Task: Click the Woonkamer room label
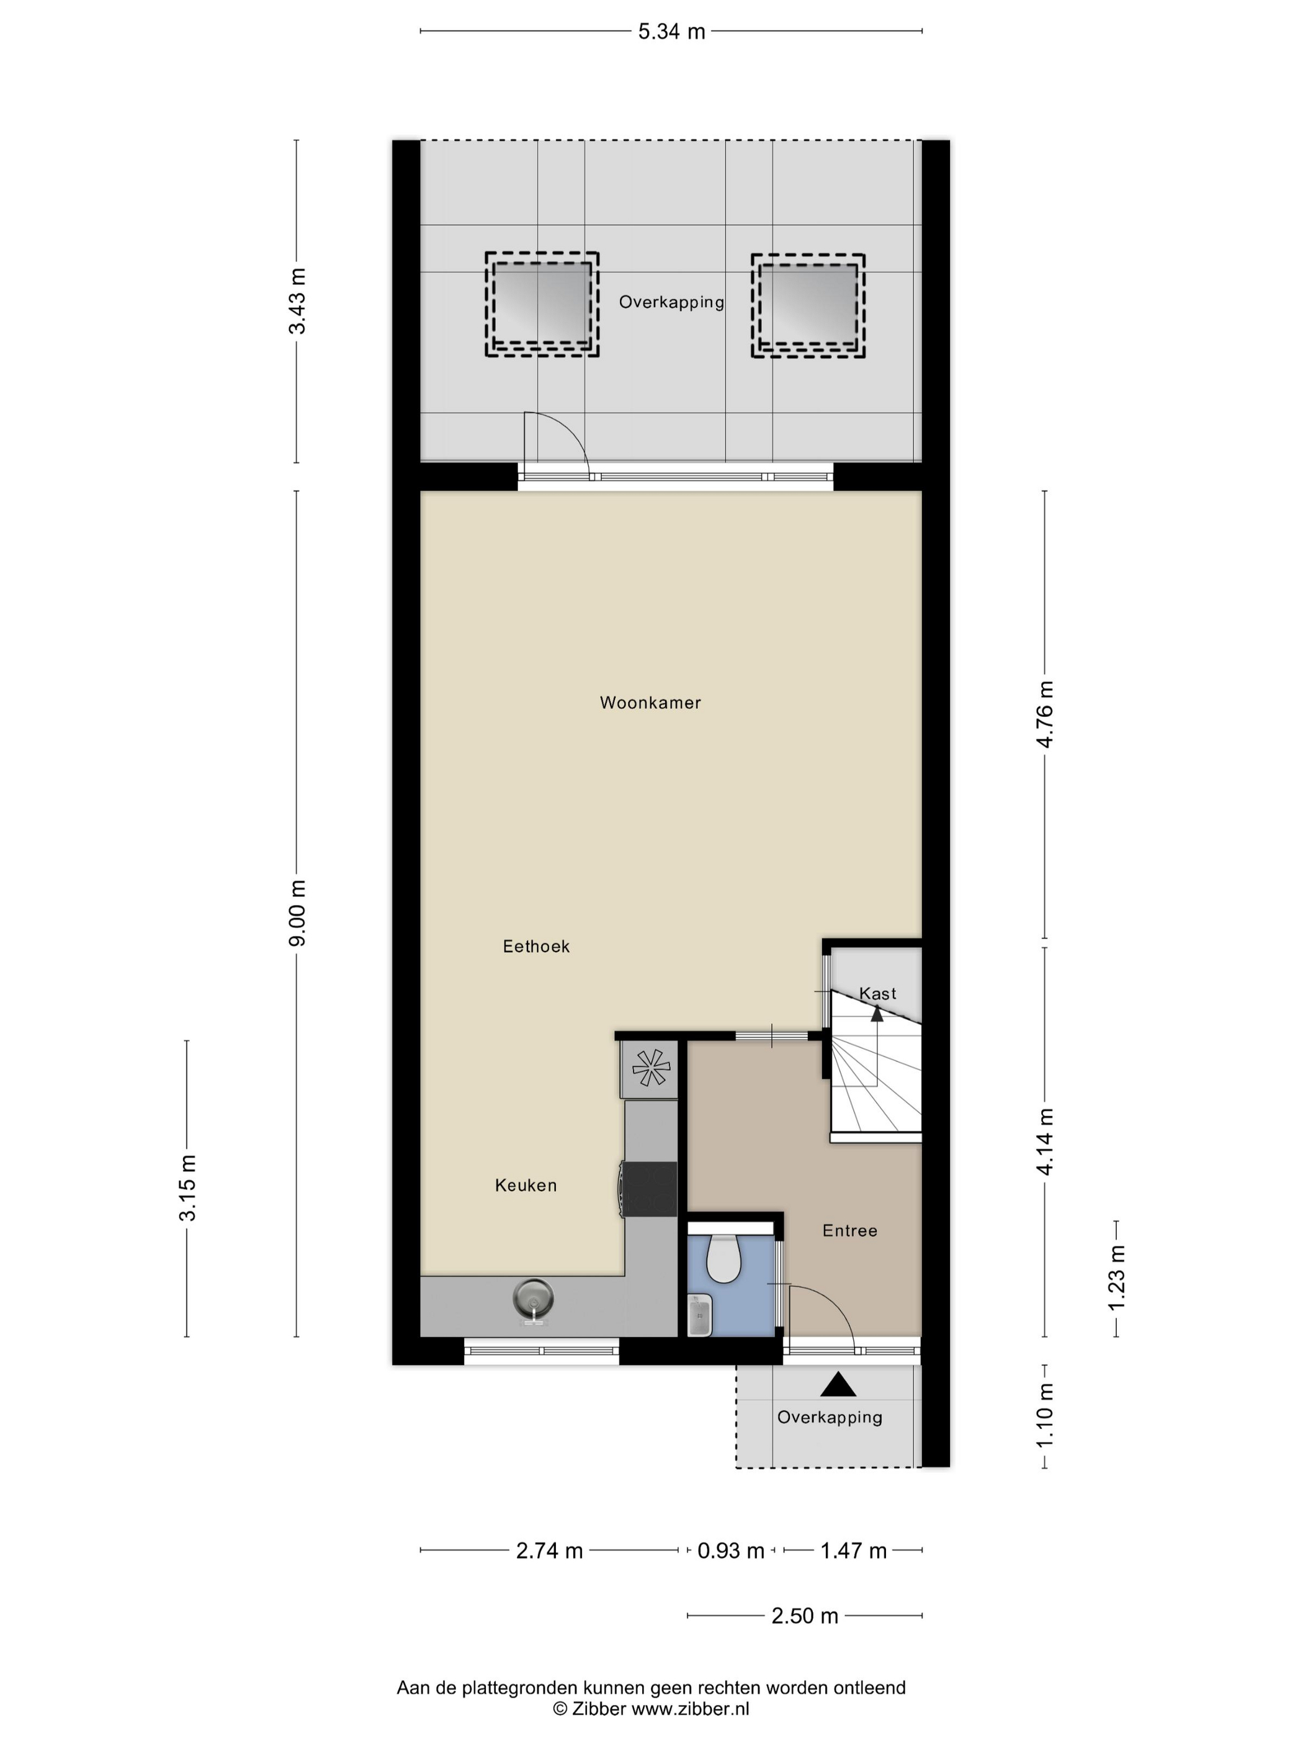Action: pyautogui.click(x=650, y=703)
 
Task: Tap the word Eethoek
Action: pyautogui.click(x=537, y=946)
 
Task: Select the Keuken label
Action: pyautogui.click(x=526, y=1185)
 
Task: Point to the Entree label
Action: pyautogui.click(x=850, y=1230)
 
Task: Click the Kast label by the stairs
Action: pyautogui.click(x=877, y=993)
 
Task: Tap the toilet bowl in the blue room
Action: pyautogui.click(x=723, y=1259)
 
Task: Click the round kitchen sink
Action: pyautogui.click(x=533, y=1298)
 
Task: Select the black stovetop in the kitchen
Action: pyautogui.click(x=650, y=1189)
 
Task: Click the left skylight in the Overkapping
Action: pyautogui.click(x=542, y=305)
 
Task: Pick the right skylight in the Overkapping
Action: pyautogui.click(x=808, y=305)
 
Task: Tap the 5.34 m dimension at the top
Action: pyautogui.click(x=671, y=32)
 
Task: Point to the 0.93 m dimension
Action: pyautogui.click(x=730, y=1550)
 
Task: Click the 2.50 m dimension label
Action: pyautogui.click(x=805, y=1616)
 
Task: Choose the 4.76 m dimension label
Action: pyautogui.click(x=1045, y=714)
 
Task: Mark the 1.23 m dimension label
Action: pyautogui.click(x=1116, y=1277)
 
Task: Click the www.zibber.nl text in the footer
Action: pyautogui.click(x=691, y=1708)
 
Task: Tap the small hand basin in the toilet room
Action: pyautogui.click(x=699, y=1315)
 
